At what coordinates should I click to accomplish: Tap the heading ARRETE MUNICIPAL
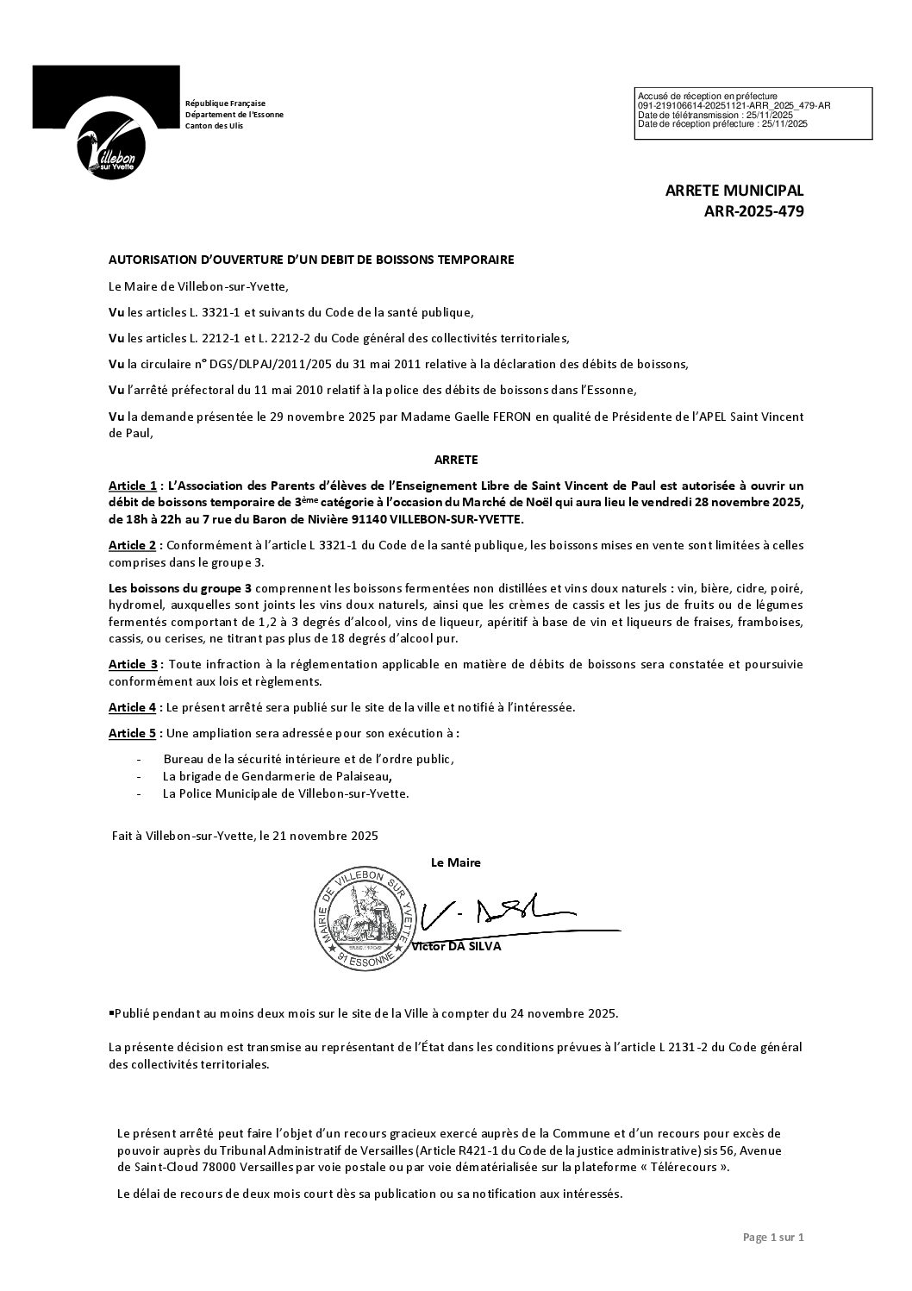click(734, 191)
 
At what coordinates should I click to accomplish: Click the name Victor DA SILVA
click(457, 946)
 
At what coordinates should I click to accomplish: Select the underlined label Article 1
click(132, 486)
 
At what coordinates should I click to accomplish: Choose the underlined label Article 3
click(132, 664)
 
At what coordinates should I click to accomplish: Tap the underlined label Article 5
click(132, 733)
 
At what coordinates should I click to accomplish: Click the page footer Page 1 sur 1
click(772, 1238)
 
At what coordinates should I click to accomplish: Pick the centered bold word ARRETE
click(456, 460)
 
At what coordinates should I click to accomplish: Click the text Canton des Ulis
click(214, 126)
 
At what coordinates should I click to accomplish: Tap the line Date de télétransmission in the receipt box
click(715, 115)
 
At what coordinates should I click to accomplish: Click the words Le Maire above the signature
click(455, 862)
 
